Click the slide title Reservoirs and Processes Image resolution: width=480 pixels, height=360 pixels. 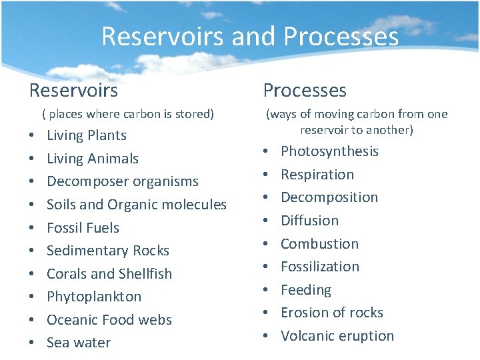(x=250, y=36)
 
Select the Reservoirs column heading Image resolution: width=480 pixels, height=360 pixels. (x=73, y=90)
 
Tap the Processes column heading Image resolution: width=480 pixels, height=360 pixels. (x=305, y=90)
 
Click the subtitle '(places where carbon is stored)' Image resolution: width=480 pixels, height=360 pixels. (x=127, y=114)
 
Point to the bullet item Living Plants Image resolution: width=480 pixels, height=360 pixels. (x=87, y=135)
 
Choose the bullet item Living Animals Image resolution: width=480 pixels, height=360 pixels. (x=93, y=159)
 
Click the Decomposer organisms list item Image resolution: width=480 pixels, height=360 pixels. (x=123, y=181)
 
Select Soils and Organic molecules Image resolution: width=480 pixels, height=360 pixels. (x=137, y=205)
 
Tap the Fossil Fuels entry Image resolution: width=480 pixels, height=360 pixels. (x=83, y=228)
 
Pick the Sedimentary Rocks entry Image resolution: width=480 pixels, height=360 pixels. (x=108, y=251)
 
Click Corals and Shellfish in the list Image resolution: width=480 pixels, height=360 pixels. (x=109, y=274)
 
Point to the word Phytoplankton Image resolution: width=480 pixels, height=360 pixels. (x=94, y=297)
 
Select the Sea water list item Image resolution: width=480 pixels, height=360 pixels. (x=79, y=343)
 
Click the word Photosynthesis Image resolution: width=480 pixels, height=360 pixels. (x=329, y=151)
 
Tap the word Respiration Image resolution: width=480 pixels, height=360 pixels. (x=317, y=175)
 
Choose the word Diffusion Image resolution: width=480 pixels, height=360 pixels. (x=309, y=220)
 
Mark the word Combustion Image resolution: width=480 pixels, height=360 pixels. (x=319, y=243)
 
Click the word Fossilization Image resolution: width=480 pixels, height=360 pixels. (x=320, y=267)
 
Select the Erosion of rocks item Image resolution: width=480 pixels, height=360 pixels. (x=332, y=313)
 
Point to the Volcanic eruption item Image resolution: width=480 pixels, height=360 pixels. (x=337, y=336)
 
